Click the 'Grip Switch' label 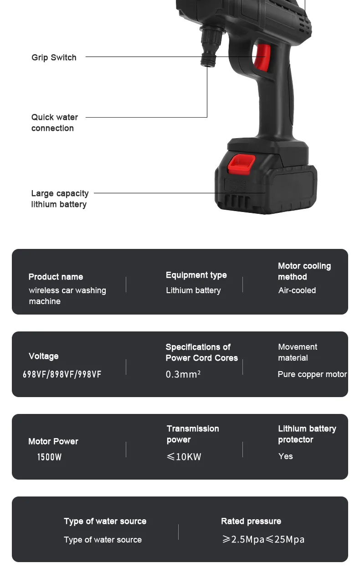tap(54, 57)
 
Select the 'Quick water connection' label tap(54, 123)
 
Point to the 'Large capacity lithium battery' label tap(60, 199)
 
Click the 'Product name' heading tap(56, 277)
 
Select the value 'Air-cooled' tap(297, 290)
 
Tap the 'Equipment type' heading tap(196, 275)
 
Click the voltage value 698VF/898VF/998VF tap(62, 374)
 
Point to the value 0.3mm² tap(183, 374)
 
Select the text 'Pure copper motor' tap(312, 374)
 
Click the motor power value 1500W tap(49, 457)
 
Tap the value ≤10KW tap(184, 457)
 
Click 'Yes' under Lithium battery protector tap(285, 456)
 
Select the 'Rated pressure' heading tap(251, 521)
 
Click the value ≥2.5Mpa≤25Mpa tap(263, 539)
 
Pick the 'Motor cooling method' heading tap(304, 271)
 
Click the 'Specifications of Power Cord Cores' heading tap(201, 352)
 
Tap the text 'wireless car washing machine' tap(67, 296)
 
